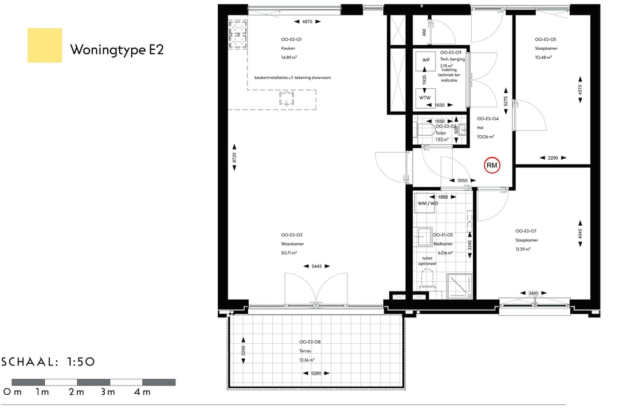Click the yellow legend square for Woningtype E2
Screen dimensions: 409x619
coord(45,45)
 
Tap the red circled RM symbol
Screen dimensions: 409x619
coord(492,166)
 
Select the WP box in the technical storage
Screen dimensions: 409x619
coord(426,60)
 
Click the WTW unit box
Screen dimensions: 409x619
coord(425,97)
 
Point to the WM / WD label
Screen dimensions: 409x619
coord(428,203)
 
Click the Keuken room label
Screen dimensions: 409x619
coord(288,49)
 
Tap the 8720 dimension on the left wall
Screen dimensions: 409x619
coord(234,159)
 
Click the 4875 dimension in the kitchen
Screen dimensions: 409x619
coord(307,22)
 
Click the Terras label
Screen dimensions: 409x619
coord(305,351)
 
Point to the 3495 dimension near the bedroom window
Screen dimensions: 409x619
coord(533,293)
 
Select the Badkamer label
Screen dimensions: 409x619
coord(443,243)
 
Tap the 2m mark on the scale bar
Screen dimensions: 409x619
coord(77,392)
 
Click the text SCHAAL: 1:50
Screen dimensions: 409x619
coord(49,362)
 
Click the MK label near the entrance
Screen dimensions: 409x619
coord(424,33)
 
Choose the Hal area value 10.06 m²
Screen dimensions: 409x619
coord(485,137)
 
